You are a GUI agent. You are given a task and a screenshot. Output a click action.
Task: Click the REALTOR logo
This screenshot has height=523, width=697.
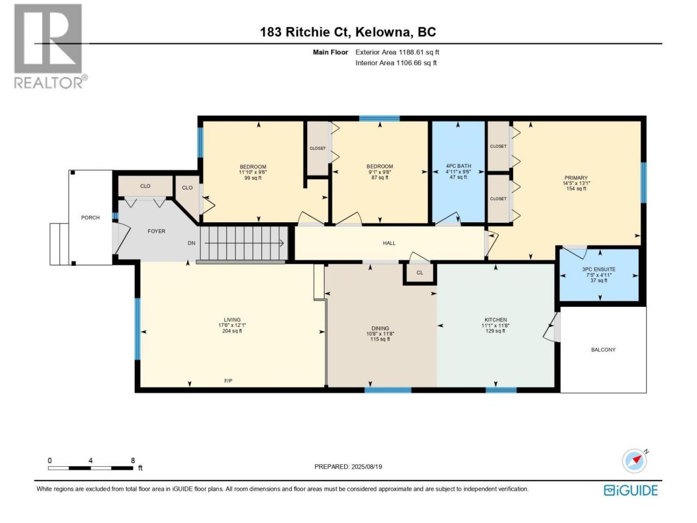(51, 46)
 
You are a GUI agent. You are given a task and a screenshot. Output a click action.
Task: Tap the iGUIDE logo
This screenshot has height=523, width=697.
(631, 490)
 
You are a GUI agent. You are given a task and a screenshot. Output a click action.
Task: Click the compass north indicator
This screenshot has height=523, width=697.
(635, 461)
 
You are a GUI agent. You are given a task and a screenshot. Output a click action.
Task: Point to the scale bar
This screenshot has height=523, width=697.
(90, 468)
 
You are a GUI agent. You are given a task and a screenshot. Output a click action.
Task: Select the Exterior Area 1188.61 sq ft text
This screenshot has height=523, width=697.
(398, 52)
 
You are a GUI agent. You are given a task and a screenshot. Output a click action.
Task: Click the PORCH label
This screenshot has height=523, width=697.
(90, 217)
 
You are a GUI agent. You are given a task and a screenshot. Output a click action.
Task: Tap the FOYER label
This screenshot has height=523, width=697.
(156, 231)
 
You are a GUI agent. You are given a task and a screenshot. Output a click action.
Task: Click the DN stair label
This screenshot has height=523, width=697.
(192, 243)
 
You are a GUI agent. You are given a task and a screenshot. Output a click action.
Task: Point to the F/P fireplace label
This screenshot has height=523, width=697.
(228, 381)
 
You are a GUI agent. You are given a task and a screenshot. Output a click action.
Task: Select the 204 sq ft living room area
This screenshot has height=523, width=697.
(232, 331)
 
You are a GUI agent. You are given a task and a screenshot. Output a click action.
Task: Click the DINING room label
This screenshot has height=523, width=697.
(380, 329)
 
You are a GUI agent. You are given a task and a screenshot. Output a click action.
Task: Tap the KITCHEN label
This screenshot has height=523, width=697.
(496, 320)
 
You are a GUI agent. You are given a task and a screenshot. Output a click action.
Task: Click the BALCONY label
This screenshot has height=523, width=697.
(603, 350)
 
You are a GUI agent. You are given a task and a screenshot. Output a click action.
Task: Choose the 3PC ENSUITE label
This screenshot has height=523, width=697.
(599, 269)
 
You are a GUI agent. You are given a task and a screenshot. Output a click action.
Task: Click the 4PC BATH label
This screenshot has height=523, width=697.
(458, 166)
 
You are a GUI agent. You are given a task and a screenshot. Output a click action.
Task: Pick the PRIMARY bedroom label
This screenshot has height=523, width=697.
(576, 178)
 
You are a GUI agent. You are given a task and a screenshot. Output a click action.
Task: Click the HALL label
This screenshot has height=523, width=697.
(389, 243)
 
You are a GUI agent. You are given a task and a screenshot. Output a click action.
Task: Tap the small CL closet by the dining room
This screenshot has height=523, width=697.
(420, 273)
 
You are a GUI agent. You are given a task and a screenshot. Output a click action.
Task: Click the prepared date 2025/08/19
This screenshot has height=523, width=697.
(366, 467)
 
